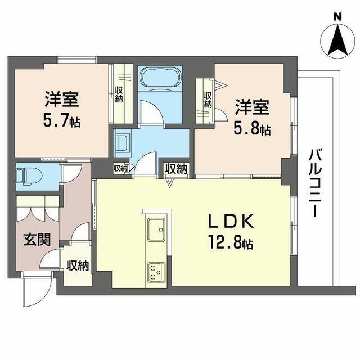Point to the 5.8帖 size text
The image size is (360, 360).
coord(252,129)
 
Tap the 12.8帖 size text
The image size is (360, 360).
coord(232,244)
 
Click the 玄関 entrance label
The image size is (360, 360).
coord(37,239)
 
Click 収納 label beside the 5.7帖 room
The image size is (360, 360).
coord(119,94)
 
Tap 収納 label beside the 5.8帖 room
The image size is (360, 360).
coord(208,100)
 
